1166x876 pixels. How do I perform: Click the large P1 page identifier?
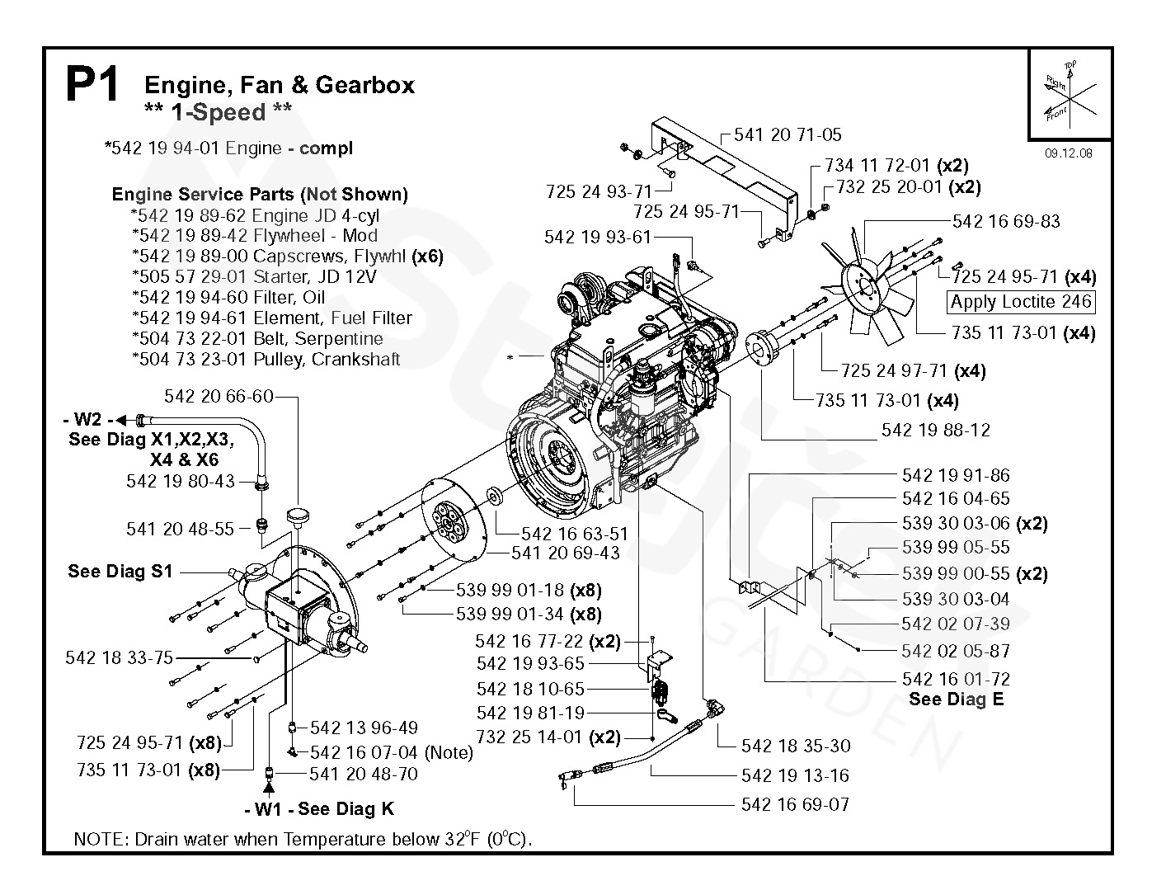click(x=92, y=83)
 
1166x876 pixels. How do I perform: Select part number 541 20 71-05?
click(x=788, y=135)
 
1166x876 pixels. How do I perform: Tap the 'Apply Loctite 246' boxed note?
click(x=1020, y=302)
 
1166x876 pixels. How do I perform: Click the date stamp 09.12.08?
click(x=1068, y=153)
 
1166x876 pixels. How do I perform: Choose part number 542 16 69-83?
click(x=1005, y=221)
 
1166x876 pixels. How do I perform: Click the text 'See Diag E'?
click(x=957, y=699)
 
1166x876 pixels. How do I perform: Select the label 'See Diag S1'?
click(x=120, y=571)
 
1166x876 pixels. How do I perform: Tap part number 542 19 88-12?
click(x=936, y=430)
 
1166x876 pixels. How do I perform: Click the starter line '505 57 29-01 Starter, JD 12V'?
click(x=255, y=276)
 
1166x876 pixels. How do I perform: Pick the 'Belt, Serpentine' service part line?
click(x=257, y=338)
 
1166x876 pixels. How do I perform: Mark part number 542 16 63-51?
click(x=574, y=534)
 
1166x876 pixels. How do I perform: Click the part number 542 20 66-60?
click(x=219, y=396)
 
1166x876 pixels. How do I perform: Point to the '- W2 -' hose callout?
click(x=88, y=419)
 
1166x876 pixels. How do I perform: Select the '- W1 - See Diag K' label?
click(x=319, y=808)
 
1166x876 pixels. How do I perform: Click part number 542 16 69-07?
click(x=795, y=804)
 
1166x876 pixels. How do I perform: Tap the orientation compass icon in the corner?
click(x=1070, y=95)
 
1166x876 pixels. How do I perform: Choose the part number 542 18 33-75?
click(x=119, y=657)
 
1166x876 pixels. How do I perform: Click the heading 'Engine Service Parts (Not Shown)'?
click(x=260, y=195)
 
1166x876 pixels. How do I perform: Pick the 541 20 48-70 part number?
click(x=364, y=774)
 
